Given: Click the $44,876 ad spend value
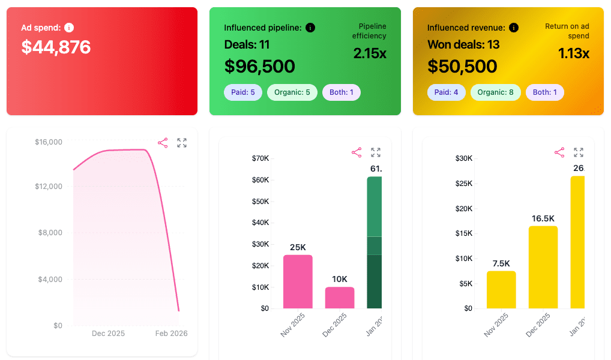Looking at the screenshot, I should pyautogui.click(x=56, y=47).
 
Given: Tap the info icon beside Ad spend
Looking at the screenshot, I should pyautogui.click(x=69, y=28).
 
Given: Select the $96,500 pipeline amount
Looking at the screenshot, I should pyautogui.click(x=259, y=66).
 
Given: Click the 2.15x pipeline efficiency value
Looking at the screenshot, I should pyautogui.click(x=369, y=53).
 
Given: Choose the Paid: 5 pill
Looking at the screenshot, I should pyautogui.click(x=242, y=92).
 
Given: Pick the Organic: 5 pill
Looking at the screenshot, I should pyautogui.click(x=292, y=92).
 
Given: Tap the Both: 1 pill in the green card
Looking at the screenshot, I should pyautogui.click(x=341, y=92).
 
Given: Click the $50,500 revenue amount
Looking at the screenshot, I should pyautogui.click(x=462, y=66).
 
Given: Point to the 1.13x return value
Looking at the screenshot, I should pyautogui.click(x=573, y=53).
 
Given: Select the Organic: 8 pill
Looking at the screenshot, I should pyautogui.click(x=495, y=92).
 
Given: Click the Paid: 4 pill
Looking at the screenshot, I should pyautogui.click(x=446, y=92).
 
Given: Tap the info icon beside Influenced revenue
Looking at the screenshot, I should pyautogui.click(x=514, y=28).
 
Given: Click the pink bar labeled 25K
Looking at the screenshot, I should pyautogui.click(x=298, y=282).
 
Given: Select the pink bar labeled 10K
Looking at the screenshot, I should pyautogui.click(x=340, y=298).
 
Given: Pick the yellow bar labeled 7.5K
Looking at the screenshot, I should pyautogui.click(x=501, y=290).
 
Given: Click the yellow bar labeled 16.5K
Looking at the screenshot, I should pyautogui.click(x=543, y=267).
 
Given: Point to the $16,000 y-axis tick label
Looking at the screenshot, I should pyautogui.click(x=49, y=142).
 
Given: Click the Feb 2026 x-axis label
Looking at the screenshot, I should pyautogui.click(x=171, y=333).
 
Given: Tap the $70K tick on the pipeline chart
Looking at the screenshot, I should pyautogui.click(x=260, y=158).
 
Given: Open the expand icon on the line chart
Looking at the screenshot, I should pyautogui.click(x=182, y=143).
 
